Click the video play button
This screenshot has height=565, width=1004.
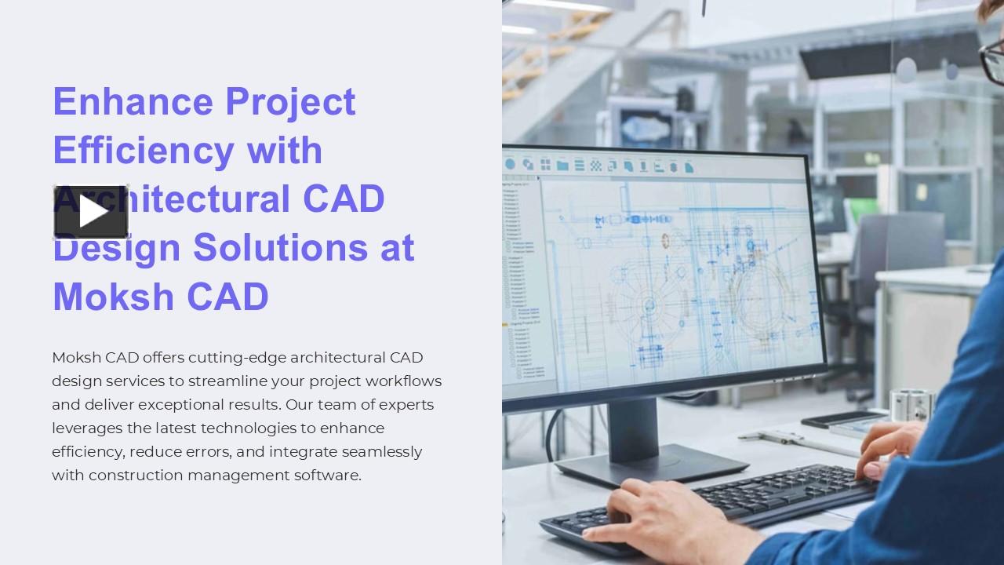91,212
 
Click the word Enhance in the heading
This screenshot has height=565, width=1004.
133,101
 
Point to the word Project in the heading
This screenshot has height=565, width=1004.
290,103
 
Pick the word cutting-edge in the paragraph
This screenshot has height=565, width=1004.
237,358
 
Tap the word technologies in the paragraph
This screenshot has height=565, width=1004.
257,428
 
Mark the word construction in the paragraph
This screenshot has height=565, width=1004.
136,476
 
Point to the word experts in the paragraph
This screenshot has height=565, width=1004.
406,405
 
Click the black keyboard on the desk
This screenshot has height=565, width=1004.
722,502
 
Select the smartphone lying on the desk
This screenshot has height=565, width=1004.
839,419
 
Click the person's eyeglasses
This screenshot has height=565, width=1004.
991,63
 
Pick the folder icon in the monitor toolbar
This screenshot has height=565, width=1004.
562,166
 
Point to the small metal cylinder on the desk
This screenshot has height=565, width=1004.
910,405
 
